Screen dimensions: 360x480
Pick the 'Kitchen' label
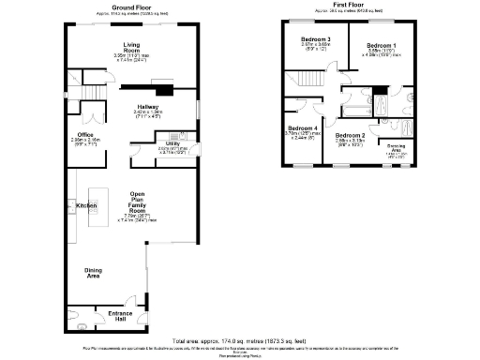tap(87, 204)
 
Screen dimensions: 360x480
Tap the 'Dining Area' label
tap(93, 273)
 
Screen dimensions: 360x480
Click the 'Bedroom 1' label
tap(381, 45)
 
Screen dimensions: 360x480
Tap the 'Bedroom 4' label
tap(302, 128)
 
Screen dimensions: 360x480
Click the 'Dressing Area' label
tap(397, 149)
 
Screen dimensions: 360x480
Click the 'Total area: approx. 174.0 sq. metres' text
tap(240, 339)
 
